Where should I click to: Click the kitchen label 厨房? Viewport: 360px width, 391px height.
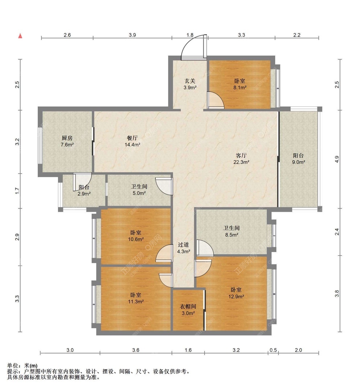67,138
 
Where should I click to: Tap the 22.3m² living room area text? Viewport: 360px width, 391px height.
241,162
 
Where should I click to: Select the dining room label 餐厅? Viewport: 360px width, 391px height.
132,138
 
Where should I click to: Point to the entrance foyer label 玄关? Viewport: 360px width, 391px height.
190,81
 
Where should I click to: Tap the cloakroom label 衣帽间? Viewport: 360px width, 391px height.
188,307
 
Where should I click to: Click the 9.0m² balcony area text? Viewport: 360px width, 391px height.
299,162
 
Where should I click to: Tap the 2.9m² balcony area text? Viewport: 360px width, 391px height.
84,194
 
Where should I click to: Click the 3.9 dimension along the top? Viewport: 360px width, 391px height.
132,35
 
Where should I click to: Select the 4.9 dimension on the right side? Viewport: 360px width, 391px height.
337,159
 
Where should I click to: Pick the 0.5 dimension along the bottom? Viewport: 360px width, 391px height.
273,350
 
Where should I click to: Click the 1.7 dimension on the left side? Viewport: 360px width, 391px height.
17,191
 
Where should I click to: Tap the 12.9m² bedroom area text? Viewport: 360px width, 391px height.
236,297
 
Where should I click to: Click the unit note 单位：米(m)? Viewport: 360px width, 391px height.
22,366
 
